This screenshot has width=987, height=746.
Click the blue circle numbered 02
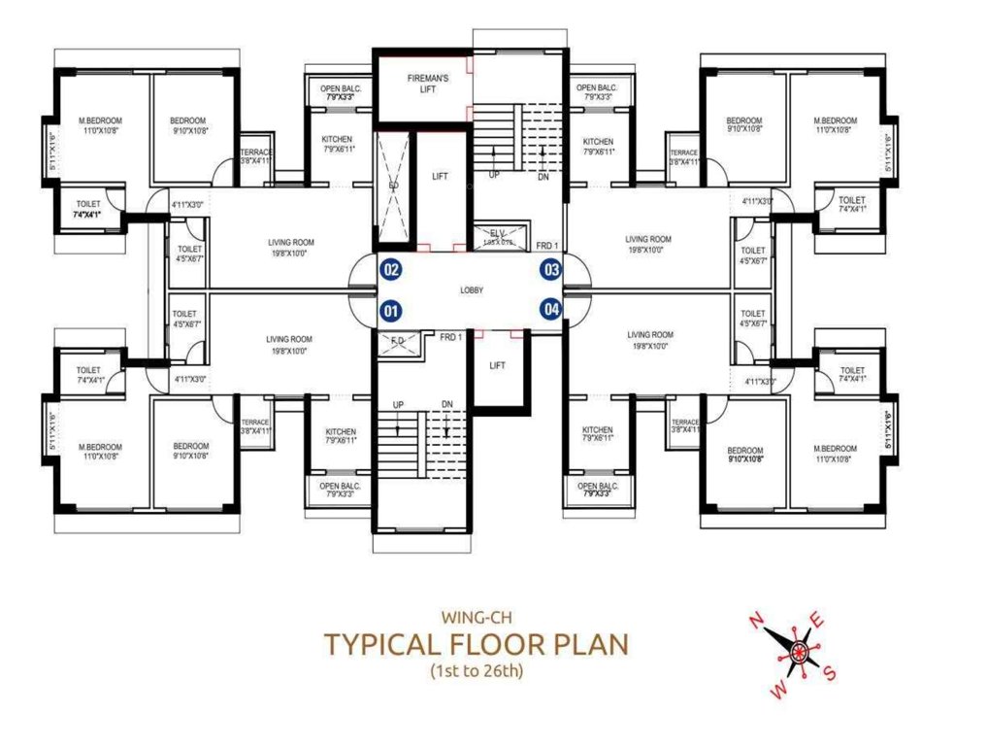pyautogui.click(x=390, y=269)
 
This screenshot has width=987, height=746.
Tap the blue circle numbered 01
pyautogui.click(x=390, y=312)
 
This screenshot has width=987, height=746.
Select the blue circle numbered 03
pyautogui.click(x=551, y=269)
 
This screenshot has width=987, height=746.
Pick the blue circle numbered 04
pyautogui.click(x=551, y=310)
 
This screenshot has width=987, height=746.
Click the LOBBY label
pyautogui.click(x=472, y=290)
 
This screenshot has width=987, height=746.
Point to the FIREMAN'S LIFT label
pyautogui.click(x=421, y=84)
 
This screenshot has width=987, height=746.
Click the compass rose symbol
pyautogui.click(x=798, y=648)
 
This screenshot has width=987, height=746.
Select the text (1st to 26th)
pyautogui.click(x=476, y=671)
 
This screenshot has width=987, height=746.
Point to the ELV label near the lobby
pyautogui.click(x=497, y=233)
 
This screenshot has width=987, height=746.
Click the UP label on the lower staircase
pyautogui.click(x=398, y=404)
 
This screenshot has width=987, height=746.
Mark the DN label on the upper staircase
pyautogui.click(x=543, y=177)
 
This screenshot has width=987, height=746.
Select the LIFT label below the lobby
pyautogui.click(x=497, y=366)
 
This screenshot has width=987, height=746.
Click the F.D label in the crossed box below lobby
pyautogui.click(x=398, y=341)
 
